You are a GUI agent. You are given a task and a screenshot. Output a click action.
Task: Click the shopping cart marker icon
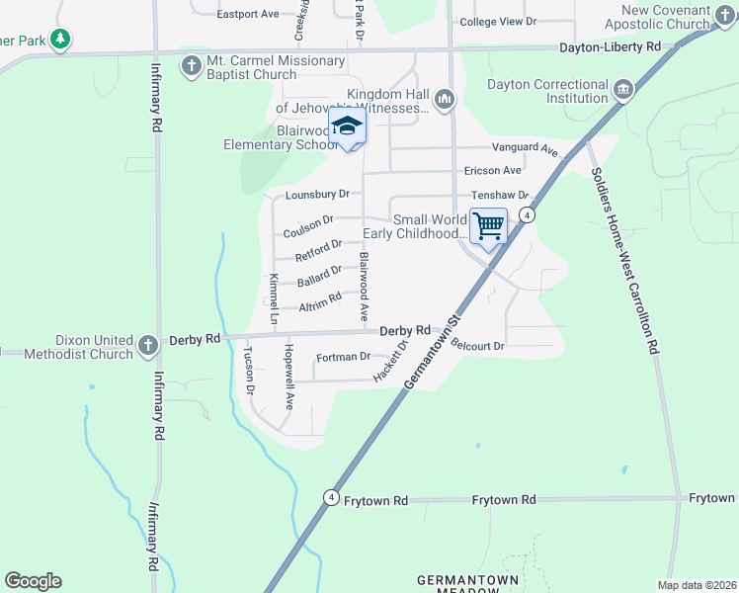click(x=488, y=226)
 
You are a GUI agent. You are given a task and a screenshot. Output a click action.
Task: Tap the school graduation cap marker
click(x=347, y=127)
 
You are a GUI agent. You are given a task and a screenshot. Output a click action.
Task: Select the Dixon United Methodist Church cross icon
click(x=147, y=346)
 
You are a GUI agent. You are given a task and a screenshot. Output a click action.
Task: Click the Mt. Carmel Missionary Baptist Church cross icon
click(x=191, y=67)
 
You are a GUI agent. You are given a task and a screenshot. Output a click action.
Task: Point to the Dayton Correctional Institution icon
click(x=623, y=91)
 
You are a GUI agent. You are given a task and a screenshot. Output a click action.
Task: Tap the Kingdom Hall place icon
click(x=445, y=99)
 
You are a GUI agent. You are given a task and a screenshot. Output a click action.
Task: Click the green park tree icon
click(x=61, y=39)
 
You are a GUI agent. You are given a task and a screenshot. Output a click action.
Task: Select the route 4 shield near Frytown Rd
click(x=331, y=497)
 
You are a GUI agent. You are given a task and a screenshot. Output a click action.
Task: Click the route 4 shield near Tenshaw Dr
click(x=529, y=214)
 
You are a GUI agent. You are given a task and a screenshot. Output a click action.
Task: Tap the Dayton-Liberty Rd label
click(x=610, y=46)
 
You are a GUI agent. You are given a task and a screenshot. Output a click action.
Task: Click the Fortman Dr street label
click(x=343, y=357)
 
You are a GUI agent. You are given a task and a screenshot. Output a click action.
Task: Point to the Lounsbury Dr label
click(x=317, y=195)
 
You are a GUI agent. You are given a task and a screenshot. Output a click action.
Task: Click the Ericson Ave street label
click(x=492, y=170)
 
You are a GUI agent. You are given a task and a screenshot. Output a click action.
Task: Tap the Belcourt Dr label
click(x=478, y=346)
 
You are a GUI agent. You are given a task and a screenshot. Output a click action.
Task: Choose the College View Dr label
click(x=498, y=21)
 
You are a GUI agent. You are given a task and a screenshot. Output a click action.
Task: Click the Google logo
click(x=33, y=581)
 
